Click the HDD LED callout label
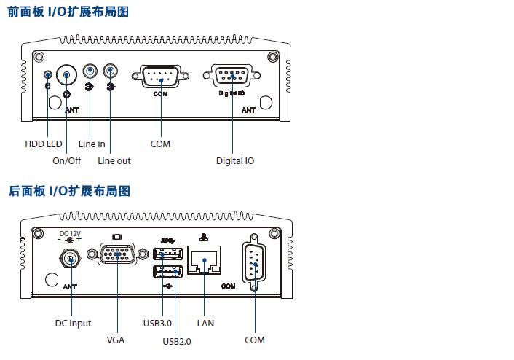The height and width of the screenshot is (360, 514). pyautogui.click(x=44, y=144)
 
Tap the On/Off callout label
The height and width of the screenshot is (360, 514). pyautogui.click(x=67, y=160)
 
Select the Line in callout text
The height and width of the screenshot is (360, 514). pyautogui.click(x=92, y=144)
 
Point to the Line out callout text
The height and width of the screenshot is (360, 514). pyautogui.click(x=114, y=160)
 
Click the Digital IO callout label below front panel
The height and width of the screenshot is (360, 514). pyautogui.click(x=234, y=160)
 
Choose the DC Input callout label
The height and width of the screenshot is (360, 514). pyautogui.click(x=73, y=323)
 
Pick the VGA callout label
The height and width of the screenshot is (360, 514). pyautogui.click(x=116, y=340)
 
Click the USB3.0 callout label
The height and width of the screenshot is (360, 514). pyautogui.click(x=157, y=323)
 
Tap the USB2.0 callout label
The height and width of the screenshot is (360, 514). pyautogui.click(x=177, y=340)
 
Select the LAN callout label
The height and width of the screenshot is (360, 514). pyautogui.click(x=205, y=323)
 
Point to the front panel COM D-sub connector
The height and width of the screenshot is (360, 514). pyautogui.click(x=160, y=77)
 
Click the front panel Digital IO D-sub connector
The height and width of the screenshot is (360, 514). pyautogui.click(x=232, y=76)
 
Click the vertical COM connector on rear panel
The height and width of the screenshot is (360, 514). pyautogui.click(x=255, y=263)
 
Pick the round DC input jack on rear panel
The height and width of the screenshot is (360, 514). pyautogui.click(x=70, y=259)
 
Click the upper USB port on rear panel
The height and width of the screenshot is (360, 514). pyautogui.click(x=168, y=254)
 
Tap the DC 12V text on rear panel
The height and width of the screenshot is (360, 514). pyautogui.click(x=70, y=234)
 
